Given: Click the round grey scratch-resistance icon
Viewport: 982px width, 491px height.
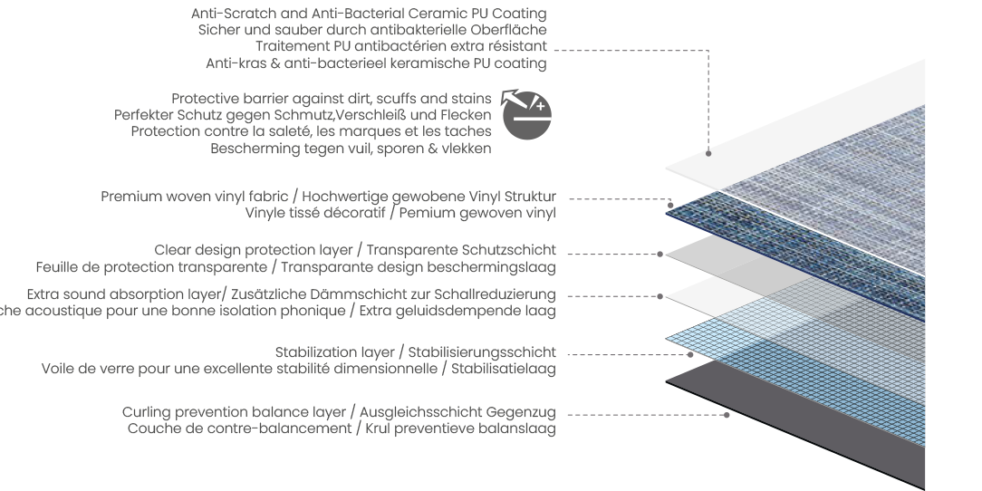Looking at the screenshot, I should point(528,115).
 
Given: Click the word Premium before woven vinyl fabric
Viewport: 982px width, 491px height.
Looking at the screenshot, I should point(128,197).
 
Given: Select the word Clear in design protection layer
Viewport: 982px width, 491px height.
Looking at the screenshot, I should point(172,250).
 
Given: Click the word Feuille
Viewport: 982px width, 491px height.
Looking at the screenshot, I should point(58,266).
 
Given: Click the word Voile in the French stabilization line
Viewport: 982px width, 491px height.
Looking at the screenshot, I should point(60,369).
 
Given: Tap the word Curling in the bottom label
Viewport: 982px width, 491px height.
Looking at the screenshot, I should point(146,412).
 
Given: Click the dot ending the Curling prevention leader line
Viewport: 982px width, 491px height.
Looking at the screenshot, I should point(727,415).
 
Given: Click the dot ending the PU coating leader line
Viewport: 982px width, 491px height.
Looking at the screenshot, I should point(709,153).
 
